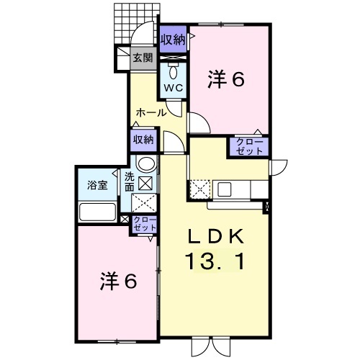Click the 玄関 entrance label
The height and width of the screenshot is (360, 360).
coord(143,58)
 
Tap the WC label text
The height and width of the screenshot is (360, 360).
coord(174,88)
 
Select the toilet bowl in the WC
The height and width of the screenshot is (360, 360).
coord(173,71)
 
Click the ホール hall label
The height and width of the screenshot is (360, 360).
coord(151,112)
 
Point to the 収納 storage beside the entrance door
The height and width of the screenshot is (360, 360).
coord(173,39)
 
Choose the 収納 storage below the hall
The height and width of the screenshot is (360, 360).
coord(143,140)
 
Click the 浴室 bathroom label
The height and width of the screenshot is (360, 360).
coord(97,185)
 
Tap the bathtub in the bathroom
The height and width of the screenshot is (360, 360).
coord(98,212)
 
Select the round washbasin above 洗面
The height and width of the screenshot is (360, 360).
coord(146,164)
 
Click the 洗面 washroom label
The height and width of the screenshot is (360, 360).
coord(130,182)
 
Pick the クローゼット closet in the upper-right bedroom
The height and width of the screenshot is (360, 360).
coord(249,147)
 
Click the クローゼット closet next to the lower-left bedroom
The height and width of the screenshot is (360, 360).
coord(145,224)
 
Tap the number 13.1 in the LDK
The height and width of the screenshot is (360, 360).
coord(215,261)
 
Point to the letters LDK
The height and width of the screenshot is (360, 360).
coord(215,237)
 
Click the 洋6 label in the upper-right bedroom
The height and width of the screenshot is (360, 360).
coord(226,79)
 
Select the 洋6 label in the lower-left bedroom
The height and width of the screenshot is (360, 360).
coord(119,281)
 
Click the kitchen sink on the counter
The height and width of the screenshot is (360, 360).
coord(225,189)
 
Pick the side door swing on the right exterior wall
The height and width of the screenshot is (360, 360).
coord(279,168)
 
